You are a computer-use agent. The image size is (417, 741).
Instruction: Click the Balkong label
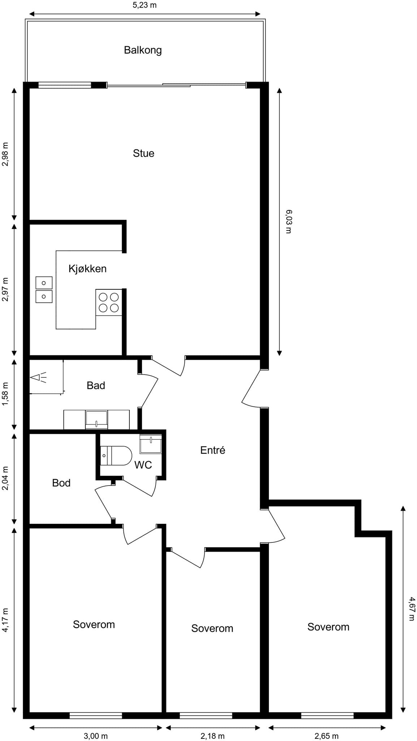[x=143, y=50]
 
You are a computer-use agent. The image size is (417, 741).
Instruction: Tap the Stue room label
[x=143, y=153]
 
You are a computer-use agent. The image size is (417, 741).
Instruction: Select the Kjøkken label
[x=87, y=268]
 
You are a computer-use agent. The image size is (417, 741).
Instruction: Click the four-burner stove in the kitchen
[x=109, y=302]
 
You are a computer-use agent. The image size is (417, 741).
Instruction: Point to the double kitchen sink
[x=44, y=290]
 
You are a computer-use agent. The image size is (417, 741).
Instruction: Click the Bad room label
[x=96, y=385]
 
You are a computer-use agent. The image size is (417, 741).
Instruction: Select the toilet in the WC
[x=116, y=456]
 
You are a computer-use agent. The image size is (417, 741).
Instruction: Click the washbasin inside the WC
[x=151, y=444]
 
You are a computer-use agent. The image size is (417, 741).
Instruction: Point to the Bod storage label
[x=61, y=483]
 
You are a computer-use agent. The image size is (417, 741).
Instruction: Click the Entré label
[x=213, y=450]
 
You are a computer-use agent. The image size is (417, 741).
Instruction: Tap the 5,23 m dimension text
[x=145, y=5]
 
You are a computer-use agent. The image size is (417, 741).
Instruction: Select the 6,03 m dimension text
[x=288, y=221]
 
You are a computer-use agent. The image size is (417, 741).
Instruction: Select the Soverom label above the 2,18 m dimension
[x=212, y=628]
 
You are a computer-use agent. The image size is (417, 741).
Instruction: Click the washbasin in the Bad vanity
[x=96, y=419]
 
